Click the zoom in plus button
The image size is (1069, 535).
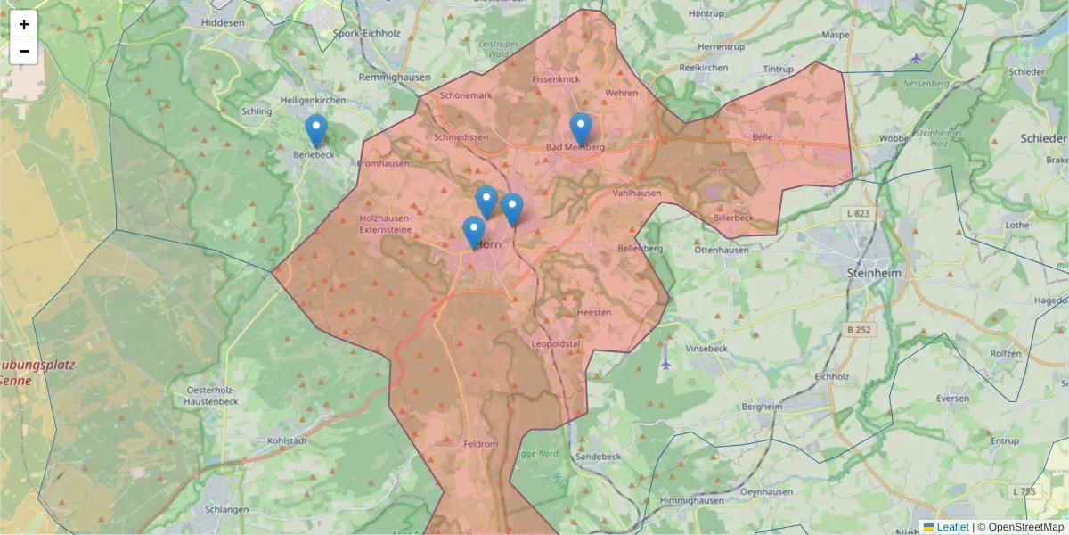click(x=24, y=24)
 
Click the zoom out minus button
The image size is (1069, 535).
click(x=24, y=51)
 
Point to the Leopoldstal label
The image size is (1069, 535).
click(x=555, y=343)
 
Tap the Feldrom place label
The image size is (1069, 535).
click(x=481, y=443)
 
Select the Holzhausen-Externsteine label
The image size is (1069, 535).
click(x=386, y=224)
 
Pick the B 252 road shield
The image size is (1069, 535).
click(x=856, y=330)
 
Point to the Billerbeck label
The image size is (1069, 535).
click(x=733, y=218)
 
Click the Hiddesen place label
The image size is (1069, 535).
click(x=223, y=21)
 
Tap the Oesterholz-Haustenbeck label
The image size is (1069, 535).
click(x=213, y=396)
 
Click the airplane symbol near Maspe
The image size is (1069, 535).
click(x=917, y=58)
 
